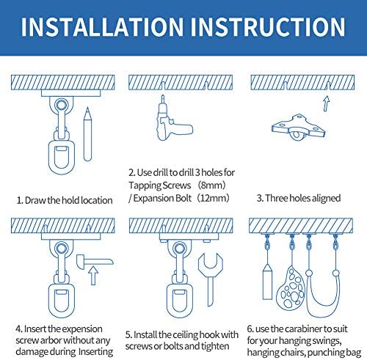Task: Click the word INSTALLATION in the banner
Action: (x=102, y=26)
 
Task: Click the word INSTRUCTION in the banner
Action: (x=268, y=26)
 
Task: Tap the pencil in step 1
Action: (x=87, y=134)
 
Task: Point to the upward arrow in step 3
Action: (x=326, y=103)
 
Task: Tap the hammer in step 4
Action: (x=95, y=262)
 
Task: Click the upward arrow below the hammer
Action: (x=93, y=276)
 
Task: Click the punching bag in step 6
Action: (x=267, y=282)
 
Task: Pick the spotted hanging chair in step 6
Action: (x=291, y=287)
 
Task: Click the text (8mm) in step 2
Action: (x=211, y=185)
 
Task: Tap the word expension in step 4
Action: (x=82, y=329)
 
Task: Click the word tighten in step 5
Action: (x=215, y=346)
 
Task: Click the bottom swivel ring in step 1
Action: (x=62, y=155)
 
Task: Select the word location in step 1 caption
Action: (x=97, y=200)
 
